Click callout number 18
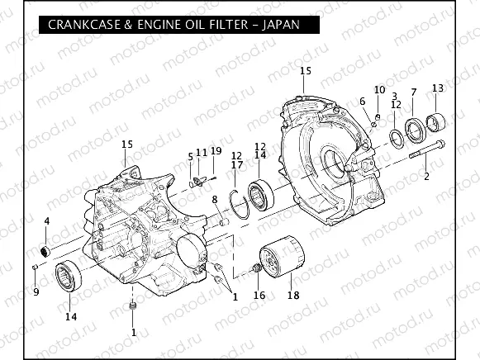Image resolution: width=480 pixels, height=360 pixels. [292, 295]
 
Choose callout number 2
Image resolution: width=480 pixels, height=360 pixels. [427, 176]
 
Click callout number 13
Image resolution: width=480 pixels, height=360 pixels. [438, 88]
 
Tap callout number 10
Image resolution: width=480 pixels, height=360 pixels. [379, 89]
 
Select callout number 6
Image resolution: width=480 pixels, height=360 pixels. [362, 102]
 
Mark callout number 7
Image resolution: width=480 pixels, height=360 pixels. [413, 92]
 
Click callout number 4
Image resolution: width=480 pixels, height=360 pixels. [46, 221]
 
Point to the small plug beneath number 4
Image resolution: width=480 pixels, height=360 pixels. [46, 249]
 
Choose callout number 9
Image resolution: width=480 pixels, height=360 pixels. [36, 291]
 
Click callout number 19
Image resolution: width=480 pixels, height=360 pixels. [216, 151]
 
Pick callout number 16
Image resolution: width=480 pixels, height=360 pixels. [259, 295]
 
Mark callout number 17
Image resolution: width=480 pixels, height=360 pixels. [237, 165]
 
